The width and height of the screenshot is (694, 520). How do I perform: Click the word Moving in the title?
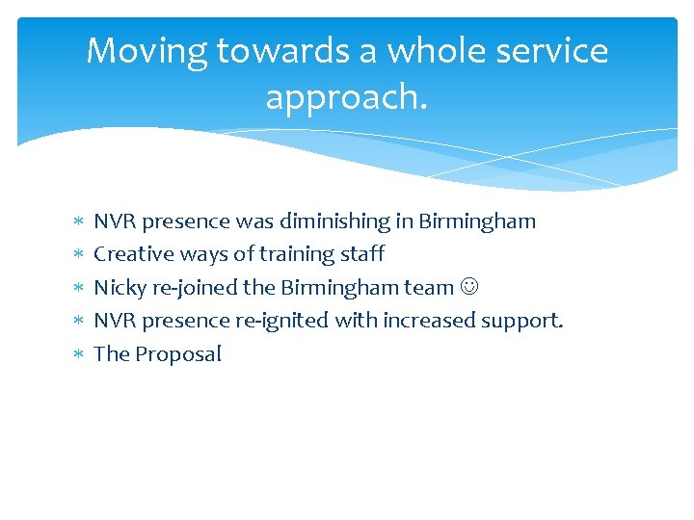tap(147, 52)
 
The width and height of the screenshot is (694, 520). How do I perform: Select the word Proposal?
tap(178, 353)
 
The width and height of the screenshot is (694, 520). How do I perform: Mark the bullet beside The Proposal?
tap(78, 354)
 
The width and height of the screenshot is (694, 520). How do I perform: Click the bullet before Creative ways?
tap(78, 255)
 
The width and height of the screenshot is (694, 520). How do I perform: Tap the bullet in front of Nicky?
tap(78, 288)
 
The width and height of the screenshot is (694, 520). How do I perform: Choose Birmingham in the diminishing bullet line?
tap(477, 221)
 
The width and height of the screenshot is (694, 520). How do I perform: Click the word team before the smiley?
tap(430, 287)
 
